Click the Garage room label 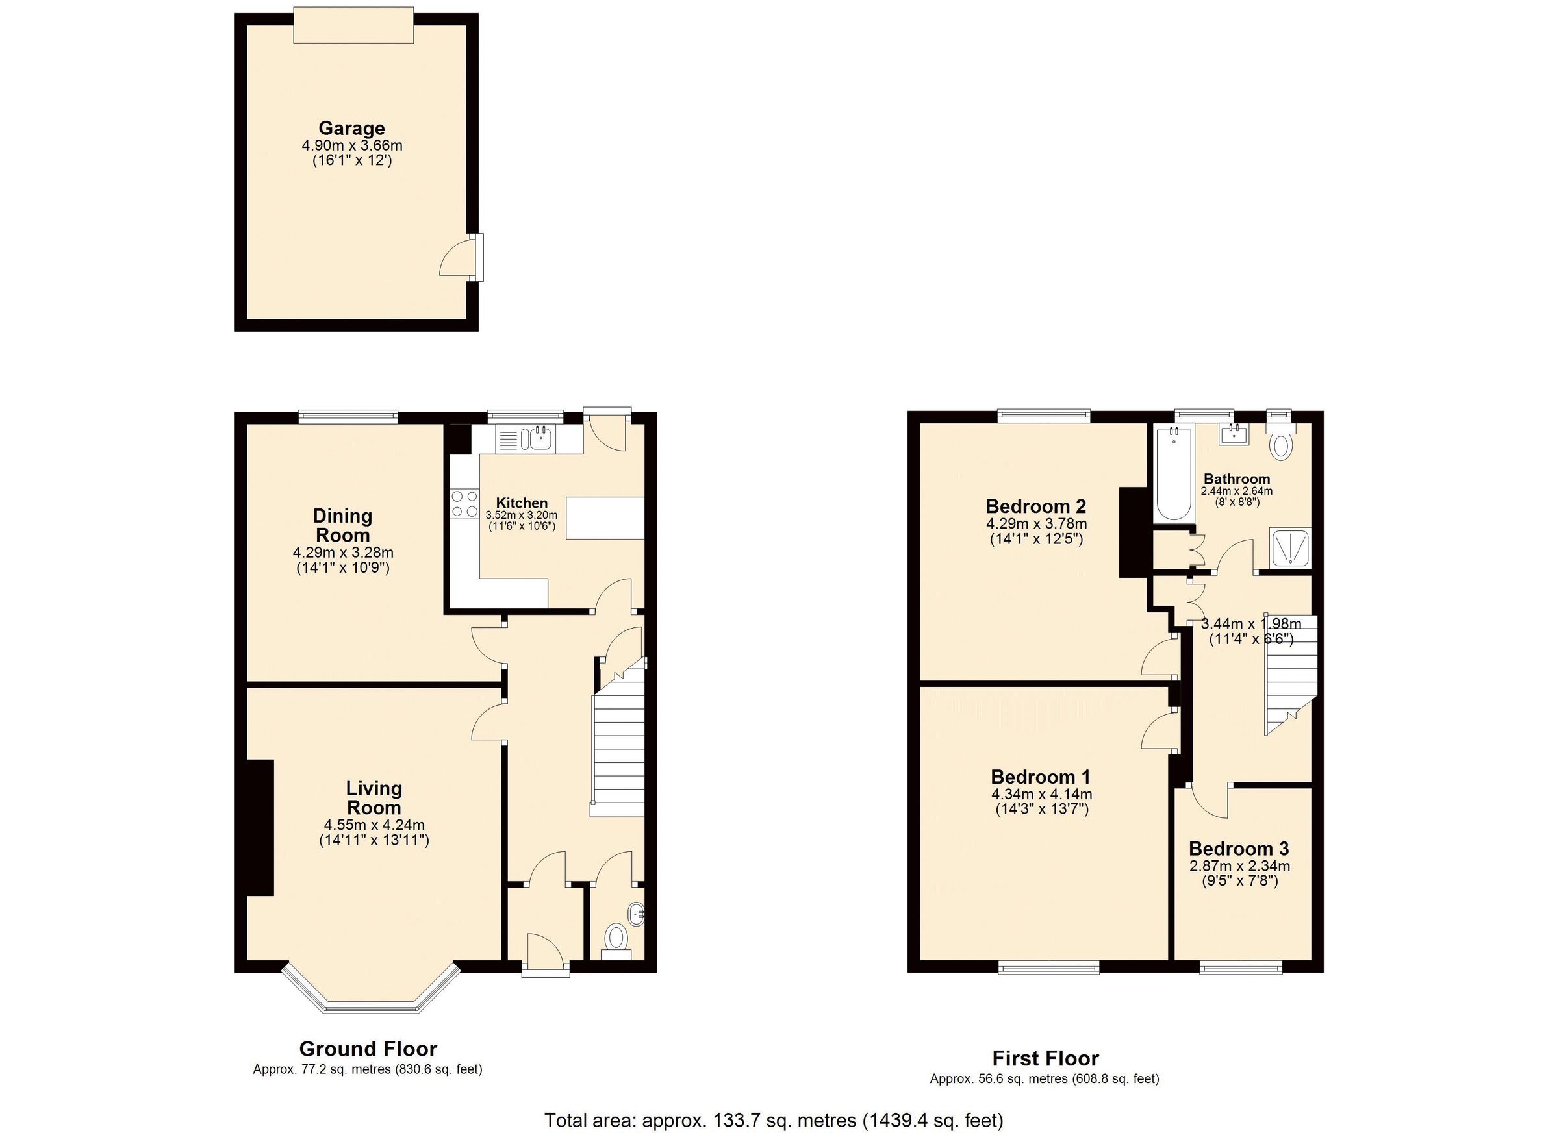tap(351, 129)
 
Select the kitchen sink tap(541, 438)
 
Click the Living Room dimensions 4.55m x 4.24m tap(374, 825)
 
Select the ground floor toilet tap(616, 939)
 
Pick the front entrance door tap(544, 952)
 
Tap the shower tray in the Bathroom tap(1289, 547)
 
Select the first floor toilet tap(1280, 443)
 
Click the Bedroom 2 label tap(1035, 506)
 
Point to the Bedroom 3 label tap(1238, 849)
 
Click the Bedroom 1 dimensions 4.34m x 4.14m tap(1041, 794)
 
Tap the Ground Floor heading tap(368, 1049)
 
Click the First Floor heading tap(1045, 1058)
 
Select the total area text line tap(773, 1120)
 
